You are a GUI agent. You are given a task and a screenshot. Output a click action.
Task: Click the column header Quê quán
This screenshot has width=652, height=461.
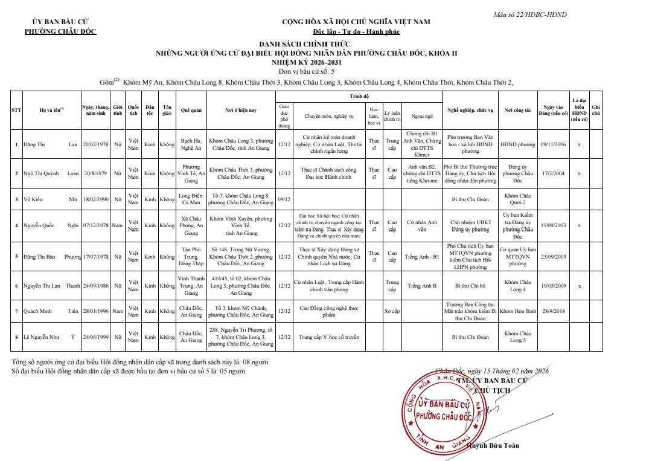(191, 110)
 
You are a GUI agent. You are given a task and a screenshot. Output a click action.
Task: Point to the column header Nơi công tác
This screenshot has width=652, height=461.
(517, 110)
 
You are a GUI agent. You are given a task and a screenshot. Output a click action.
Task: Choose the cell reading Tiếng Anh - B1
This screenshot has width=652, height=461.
(422, 256)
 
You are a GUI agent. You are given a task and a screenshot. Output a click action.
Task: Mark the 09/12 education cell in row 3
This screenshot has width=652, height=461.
(284, 198)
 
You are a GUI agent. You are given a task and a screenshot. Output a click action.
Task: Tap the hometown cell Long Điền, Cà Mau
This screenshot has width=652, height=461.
(191, 198)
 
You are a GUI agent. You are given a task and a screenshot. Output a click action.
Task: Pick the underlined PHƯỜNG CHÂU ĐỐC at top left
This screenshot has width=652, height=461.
(60, 31)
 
